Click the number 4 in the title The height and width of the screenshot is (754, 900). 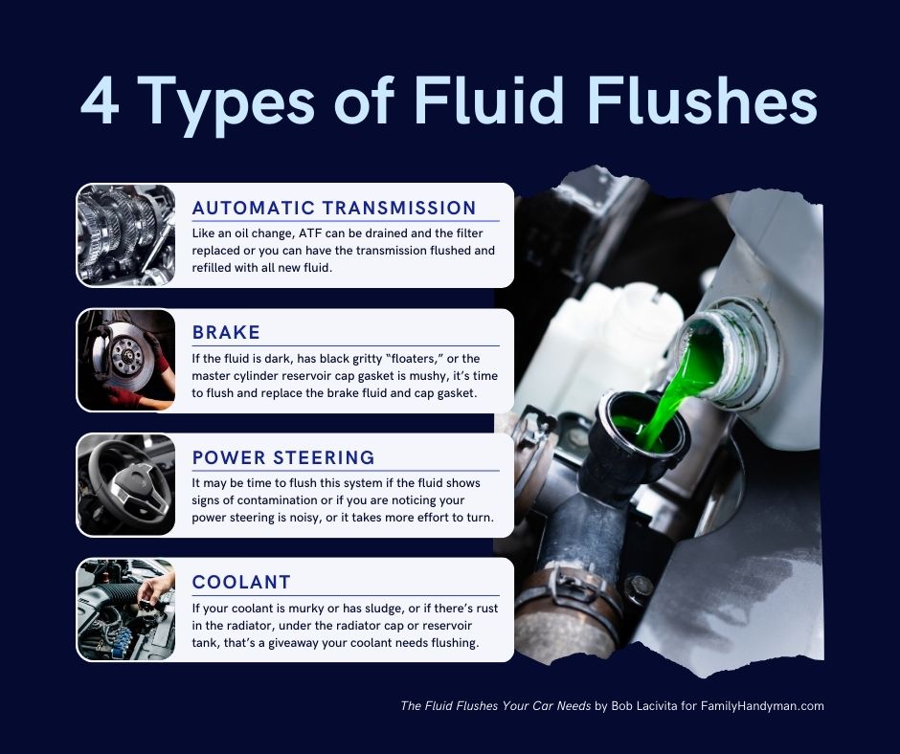pyautogui.click(x=100, y=101)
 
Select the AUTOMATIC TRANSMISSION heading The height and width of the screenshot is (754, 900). pyautogui.click(x=334, y=208)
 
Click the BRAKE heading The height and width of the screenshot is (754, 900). pyautogui.click(x=226, y=332)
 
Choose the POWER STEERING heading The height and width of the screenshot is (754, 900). pyautogui.click(x=283, y=457)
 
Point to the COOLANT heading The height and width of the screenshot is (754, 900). pyautogui.click(x=241, y=582)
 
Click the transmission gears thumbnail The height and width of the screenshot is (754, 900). pyautogui.click(x=126, y=235)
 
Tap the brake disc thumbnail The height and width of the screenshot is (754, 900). pyautogui.click(x=126, y=360)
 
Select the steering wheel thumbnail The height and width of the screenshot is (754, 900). pyautogui.click(x=126, y=485)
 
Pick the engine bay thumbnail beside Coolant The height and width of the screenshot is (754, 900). pyautogui.click(x=126, y=610)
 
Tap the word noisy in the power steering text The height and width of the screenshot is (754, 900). pyautogui.click(x=304, y=518)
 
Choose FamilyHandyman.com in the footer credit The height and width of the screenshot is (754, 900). pyautogui.click(x=762, y=706)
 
